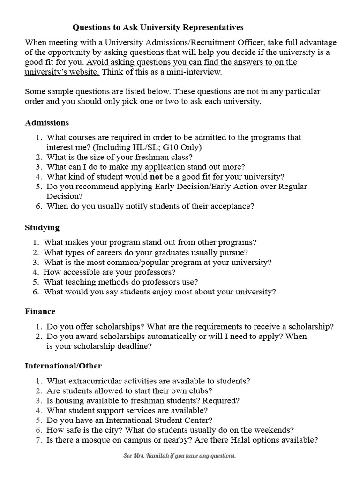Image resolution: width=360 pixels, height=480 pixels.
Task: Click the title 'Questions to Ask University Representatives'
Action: tap(158, 28)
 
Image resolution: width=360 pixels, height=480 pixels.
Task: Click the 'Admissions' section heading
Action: tap(47, 123)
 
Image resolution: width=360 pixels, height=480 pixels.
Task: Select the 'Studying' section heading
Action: tap(42, 227)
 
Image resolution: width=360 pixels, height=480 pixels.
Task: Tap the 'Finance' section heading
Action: tap(40, 311)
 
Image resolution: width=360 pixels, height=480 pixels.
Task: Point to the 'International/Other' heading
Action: tap(63, 366)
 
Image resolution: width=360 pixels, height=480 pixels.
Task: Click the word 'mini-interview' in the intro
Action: tap(191, 72)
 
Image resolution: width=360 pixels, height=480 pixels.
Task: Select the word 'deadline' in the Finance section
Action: tap(137, 346)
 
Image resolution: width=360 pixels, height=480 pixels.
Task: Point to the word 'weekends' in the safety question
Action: tap(275, 430)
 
